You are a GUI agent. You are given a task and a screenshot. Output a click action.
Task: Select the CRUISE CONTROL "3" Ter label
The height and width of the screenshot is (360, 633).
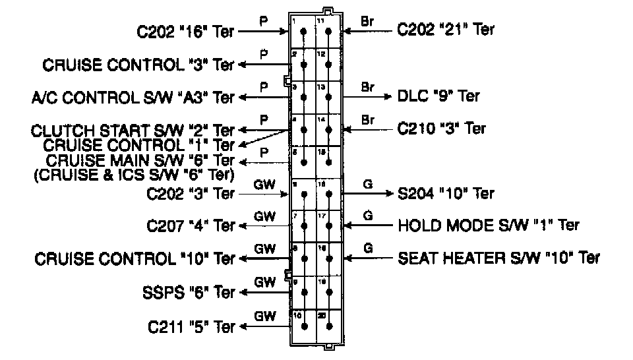(x=138, y=65)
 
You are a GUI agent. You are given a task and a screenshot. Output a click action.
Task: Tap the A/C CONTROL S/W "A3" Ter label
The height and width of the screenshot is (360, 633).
(x=133, y=98)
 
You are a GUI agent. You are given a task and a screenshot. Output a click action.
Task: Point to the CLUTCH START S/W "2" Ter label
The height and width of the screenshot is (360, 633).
(x=133, y=131)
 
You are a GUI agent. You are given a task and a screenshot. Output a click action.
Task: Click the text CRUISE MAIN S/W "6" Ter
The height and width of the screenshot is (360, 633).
(x=140, y=160)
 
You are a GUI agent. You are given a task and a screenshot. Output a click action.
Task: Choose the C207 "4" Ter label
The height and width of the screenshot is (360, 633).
(x=191, y=226)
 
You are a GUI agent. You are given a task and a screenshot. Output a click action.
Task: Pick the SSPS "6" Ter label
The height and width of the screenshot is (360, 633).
(x=189, y=292)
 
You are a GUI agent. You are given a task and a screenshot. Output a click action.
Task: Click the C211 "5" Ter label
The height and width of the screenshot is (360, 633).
(x=191, y=326)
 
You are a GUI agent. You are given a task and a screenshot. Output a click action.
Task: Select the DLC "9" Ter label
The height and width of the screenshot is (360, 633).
(x=438, y=96)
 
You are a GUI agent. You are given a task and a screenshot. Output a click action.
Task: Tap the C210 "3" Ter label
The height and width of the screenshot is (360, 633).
(x=442, y=129)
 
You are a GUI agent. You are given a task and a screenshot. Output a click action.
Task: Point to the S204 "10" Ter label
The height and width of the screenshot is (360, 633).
(x=446, y=194)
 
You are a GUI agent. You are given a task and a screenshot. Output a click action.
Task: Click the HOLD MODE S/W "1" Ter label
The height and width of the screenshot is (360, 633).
(x=489, y=225)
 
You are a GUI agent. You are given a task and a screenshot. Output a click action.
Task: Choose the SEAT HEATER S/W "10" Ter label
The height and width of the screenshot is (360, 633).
(x=499, y=258)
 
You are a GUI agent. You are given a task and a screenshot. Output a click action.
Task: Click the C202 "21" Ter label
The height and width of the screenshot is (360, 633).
(x=446, y=29)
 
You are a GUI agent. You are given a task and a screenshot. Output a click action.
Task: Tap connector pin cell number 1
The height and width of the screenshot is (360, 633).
(x=303, y=32)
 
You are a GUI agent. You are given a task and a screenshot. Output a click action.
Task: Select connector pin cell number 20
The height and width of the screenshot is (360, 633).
(x=328, y=325)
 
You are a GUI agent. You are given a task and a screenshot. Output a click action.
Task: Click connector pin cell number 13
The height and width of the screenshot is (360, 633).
(x=328, y=97)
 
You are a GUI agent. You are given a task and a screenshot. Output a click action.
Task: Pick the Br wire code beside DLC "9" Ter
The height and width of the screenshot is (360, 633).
(x=367, y=87)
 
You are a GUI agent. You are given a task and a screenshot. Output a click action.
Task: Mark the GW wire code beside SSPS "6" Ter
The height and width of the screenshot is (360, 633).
(x=264, y=282)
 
